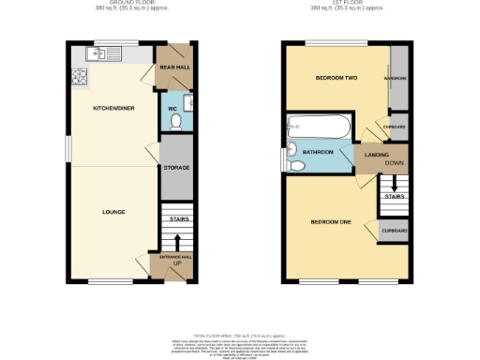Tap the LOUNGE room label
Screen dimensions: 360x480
pos(113,212)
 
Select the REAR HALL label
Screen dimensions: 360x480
pos(175,68)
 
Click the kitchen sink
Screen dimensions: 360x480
pos(99,53)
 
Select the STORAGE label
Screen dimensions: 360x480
pos(176,168)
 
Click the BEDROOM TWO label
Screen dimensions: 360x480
pos(331,79)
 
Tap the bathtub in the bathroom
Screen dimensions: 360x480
pos(319,126)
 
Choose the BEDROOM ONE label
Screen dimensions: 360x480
pos(331,222)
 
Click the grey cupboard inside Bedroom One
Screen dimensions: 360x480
pos(394,231)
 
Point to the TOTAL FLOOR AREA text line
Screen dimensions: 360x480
pos(240,335)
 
